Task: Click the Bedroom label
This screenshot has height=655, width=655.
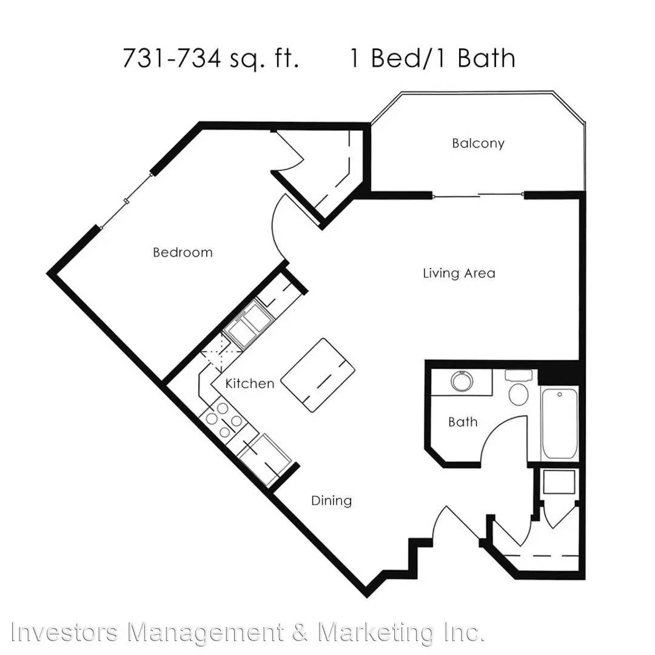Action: coord(183,252)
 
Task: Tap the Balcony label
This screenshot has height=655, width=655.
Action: coord(479,143)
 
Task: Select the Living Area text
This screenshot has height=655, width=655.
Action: coord(459,273)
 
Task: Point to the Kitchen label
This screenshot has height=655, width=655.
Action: coord(250,383)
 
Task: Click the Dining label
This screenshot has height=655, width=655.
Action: coord(332,500)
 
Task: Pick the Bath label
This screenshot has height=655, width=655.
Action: coord(463,422)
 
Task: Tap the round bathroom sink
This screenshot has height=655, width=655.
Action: coord(462,381)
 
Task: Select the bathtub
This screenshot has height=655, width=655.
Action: coord(559,424)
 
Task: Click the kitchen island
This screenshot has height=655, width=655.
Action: coord(317,375)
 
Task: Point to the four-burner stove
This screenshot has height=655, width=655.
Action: coord(224,420)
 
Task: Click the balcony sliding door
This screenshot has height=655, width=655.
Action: coord(479,195)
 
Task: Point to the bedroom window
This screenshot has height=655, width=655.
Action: coord(126,201)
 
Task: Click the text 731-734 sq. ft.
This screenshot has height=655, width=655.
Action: coord(210,58)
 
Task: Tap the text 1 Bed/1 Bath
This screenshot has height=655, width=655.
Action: coord(432,58)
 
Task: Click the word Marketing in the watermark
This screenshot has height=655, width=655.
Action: coord(376,632)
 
